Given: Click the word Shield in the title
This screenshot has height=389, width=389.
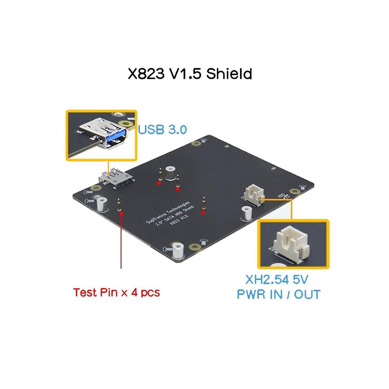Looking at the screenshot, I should [x=229, y=74].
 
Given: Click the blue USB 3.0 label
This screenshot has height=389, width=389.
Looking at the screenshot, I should [x=162, y=130].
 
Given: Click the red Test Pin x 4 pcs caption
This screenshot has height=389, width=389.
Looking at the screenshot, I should [x=116, y=292].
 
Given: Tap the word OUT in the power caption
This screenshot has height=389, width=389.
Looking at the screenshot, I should [x=307, y=294].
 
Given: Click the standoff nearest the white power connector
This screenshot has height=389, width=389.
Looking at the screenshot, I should [x=247, y=214].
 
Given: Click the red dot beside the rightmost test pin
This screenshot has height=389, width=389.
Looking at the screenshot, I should [x=203, y=213].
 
